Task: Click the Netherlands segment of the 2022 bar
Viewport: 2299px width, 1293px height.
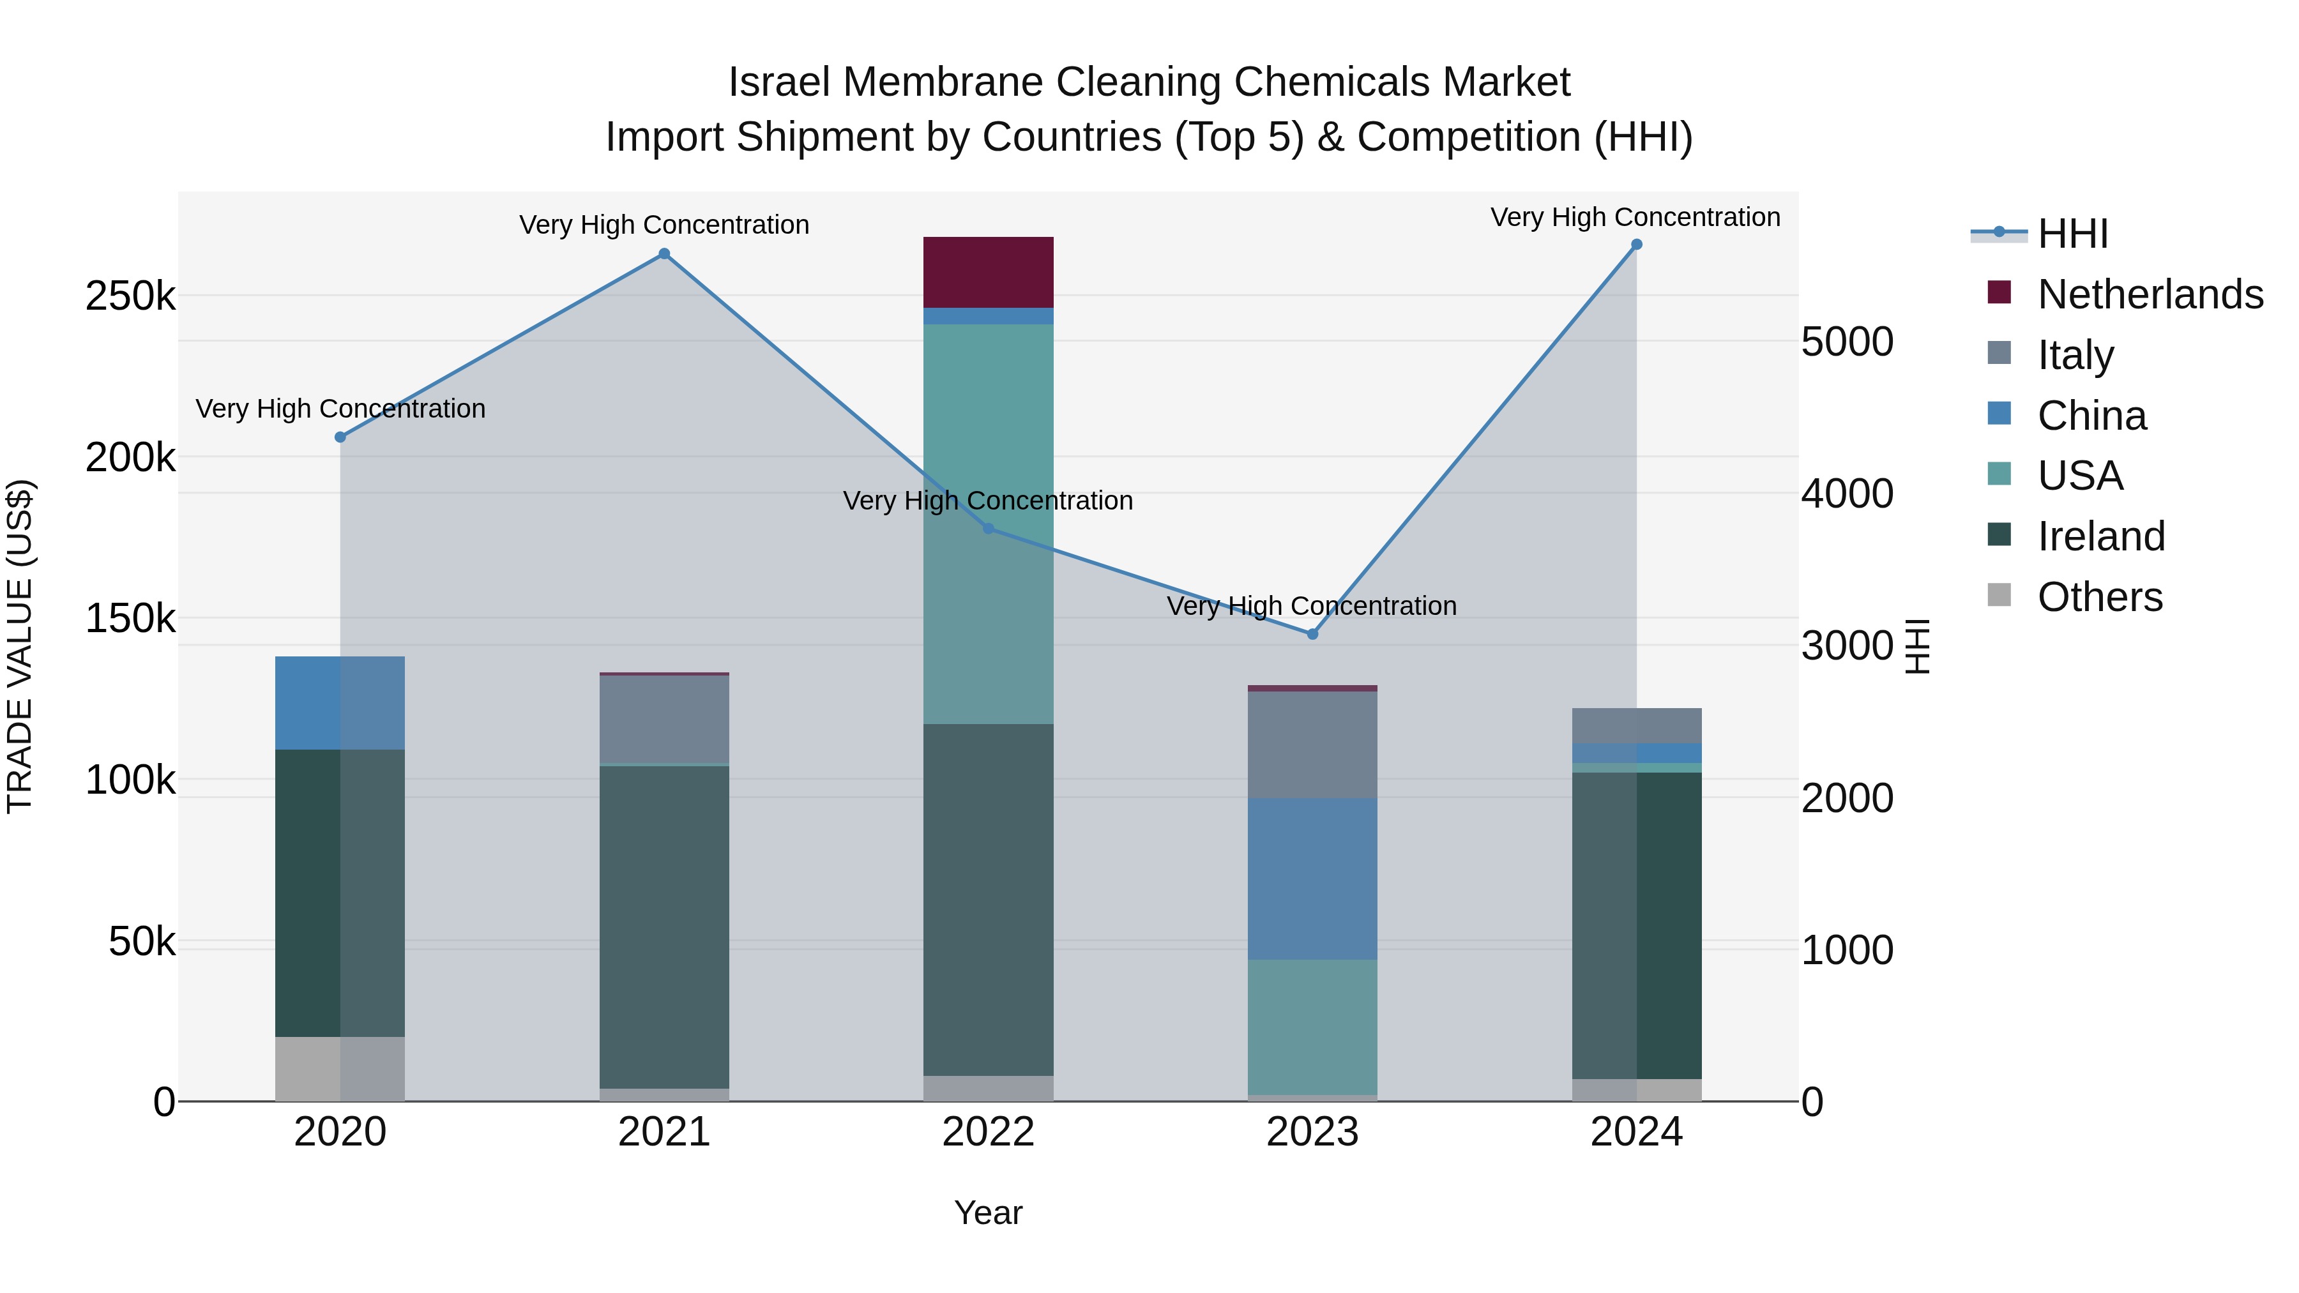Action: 988,272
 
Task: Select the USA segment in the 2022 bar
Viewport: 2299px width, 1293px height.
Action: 988,428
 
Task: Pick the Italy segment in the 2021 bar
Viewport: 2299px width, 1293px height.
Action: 664,718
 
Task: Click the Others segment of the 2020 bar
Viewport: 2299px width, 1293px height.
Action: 340,1068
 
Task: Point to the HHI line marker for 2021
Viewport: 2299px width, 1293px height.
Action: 664,254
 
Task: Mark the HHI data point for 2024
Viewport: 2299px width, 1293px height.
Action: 1636,245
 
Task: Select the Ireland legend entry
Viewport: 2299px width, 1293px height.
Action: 2101,536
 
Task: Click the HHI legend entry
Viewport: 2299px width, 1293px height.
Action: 2072,234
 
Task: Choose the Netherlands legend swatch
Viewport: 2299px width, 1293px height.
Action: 1999,292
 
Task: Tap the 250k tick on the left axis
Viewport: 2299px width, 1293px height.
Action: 130,296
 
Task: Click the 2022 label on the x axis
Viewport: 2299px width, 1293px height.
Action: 988,1132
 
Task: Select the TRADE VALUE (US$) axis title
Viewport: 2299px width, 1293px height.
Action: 20,646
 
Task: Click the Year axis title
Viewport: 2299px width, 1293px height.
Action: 988,1213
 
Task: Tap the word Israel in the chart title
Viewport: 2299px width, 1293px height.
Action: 779,82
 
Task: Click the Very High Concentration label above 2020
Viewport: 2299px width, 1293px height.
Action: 340,409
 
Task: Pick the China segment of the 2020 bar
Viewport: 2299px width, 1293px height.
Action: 340,703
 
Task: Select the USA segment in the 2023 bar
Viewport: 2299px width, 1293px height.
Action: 1312,1026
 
